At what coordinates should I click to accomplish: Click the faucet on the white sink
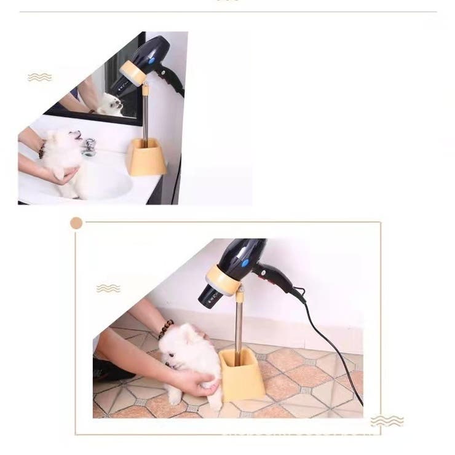click(x=90, y=147)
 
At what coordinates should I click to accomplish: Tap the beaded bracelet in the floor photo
click(x=165, y=329)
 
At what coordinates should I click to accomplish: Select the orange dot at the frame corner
click(x=76, y=223)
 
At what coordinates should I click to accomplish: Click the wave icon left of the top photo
click(x=39, y=77)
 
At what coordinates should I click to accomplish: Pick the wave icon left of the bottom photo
click(x=108, y=288)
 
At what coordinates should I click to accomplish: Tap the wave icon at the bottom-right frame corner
click(x=387, y=421)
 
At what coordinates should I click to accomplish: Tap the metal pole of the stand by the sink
click(x=146, y=117)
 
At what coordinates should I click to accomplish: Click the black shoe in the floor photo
click(x=111, y=370)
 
